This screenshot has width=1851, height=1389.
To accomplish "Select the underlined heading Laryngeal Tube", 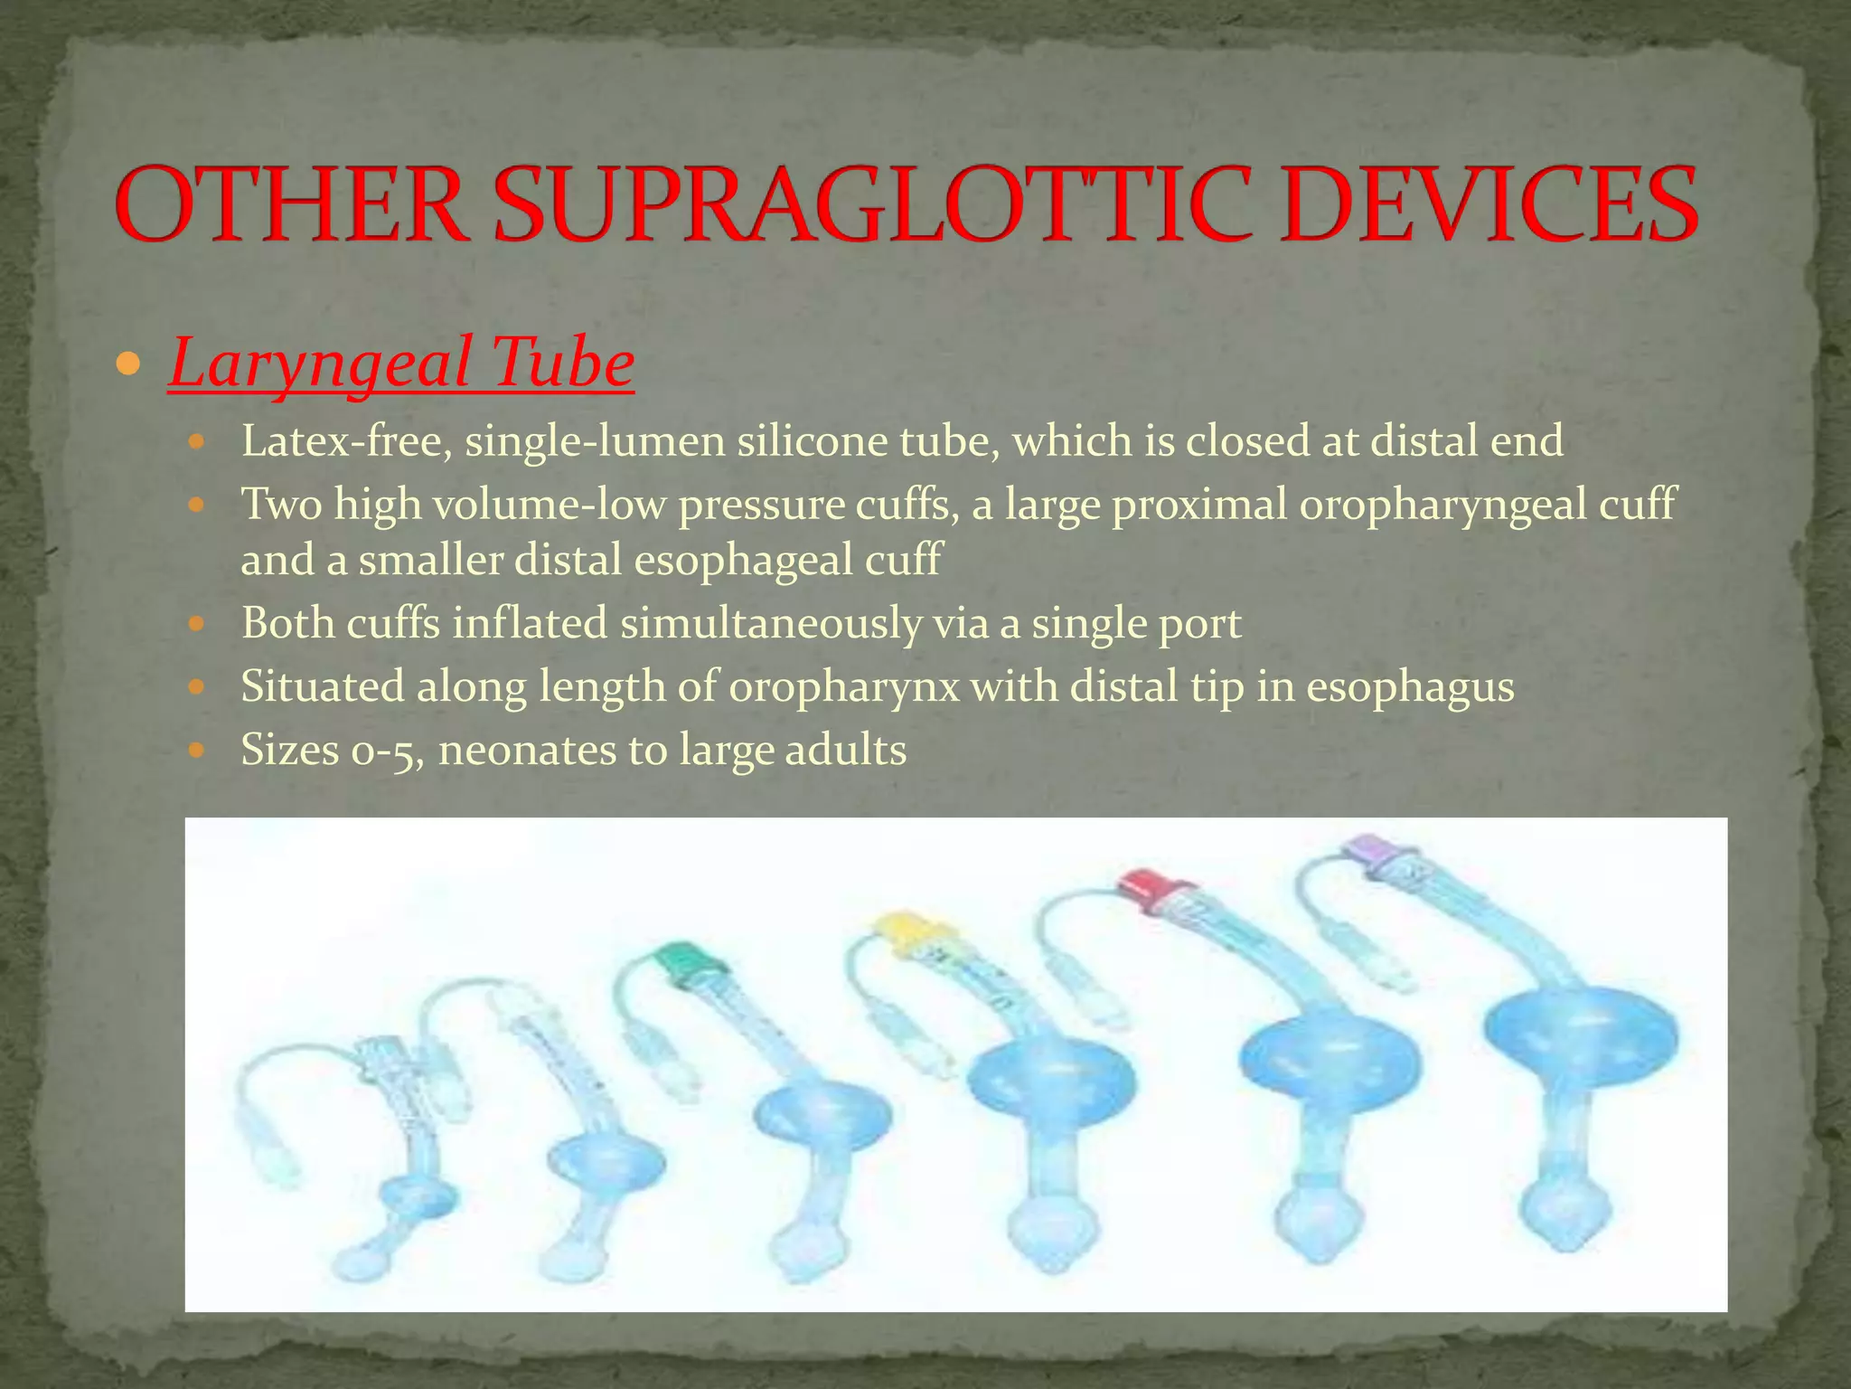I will point(401,364).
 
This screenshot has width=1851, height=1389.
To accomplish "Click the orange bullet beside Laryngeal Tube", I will point(129,365).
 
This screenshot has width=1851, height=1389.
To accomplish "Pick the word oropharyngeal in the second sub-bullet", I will point(1442,504).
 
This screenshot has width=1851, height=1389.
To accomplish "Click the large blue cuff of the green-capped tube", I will point(821,1118).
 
